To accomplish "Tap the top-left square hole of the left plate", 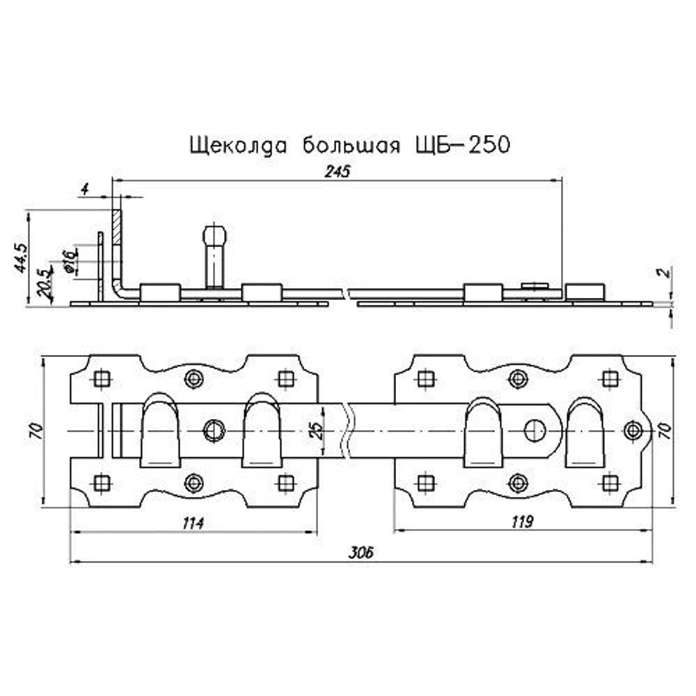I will [x=102, y=379].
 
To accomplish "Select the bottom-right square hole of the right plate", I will [x=610, y=482].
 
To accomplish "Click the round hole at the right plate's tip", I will [x=633, y=430].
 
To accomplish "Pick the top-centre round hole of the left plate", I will [x=193, y=379].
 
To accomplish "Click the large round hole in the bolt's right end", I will [x=535, y=430].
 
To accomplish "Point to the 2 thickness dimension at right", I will [x=666, y=272].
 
